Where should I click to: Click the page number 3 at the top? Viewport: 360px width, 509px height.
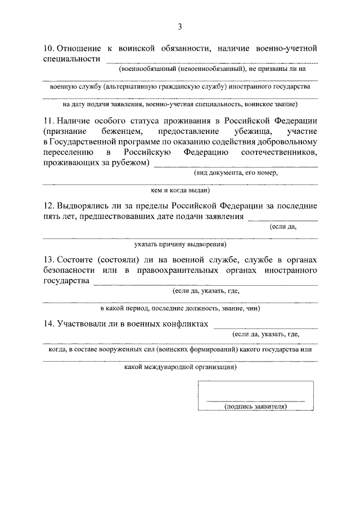tap(180, 26)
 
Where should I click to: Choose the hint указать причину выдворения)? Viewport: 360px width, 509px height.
tap(180, 245)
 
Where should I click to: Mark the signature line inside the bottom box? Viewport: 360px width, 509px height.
tap(255, 400)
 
